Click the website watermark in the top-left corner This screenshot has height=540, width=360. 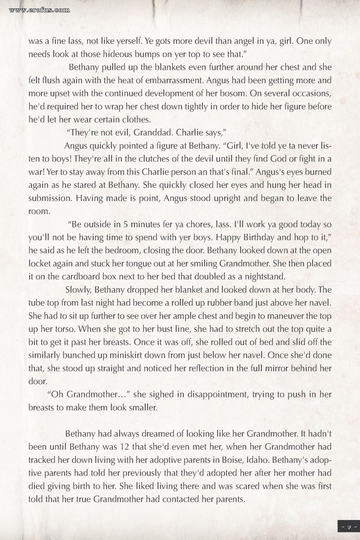[x=40, y=10]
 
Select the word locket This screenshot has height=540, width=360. [x=40, y=264]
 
